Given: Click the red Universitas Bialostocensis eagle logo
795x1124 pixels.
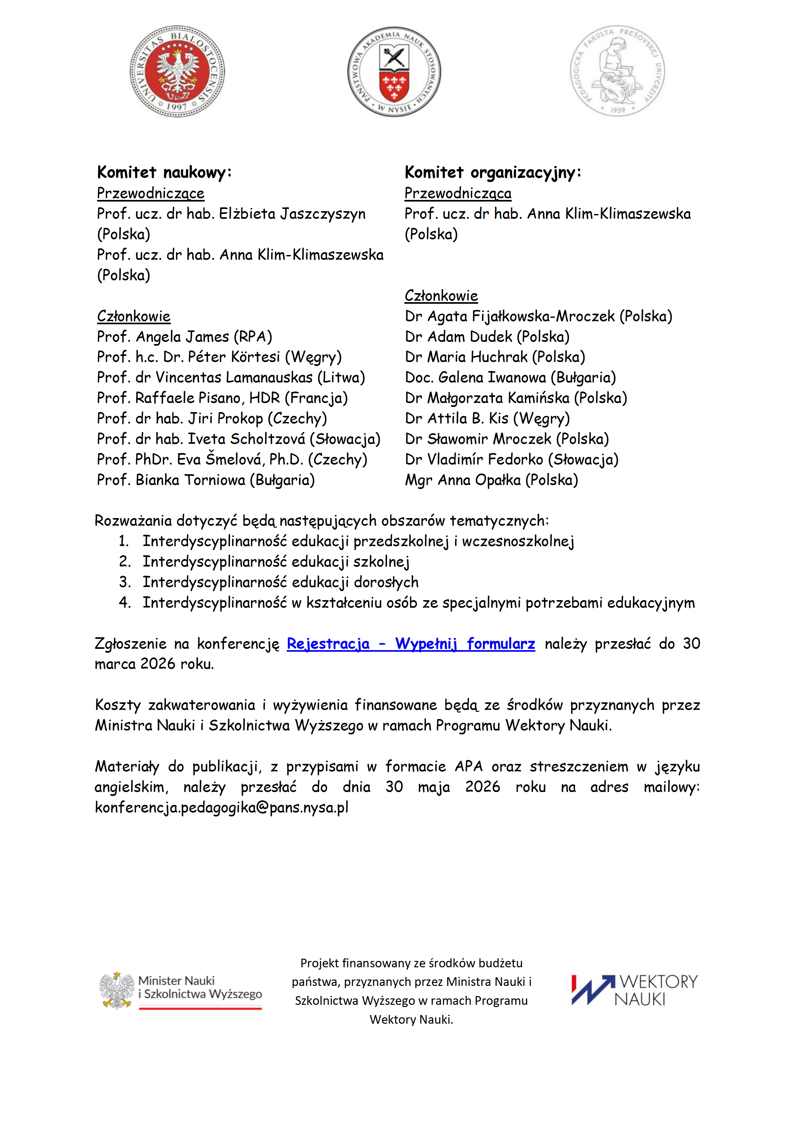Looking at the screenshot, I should (x=177, y=71).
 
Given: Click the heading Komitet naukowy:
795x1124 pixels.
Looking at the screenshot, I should (x=164, y=172).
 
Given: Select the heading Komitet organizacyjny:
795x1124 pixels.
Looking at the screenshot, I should (x=493, y=172).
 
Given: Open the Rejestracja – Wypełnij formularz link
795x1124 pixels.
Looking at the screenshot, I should (x=411, y=643).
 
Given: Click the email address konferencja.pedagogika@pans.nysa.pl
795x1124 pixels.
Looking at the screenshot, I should (x=222, y=807).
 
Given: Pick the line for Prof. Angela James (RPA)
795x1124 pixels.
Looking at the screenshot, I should (x=185, y=336).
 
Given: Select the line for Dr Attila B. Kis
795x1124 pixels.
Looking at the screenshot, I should (x=487, y=418).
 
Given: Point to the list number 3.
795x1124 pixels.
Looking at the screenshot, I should (x=124, y=582).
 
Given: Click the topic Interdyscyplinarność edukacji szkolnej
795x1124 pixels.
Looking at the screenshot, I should (x=276, y=561).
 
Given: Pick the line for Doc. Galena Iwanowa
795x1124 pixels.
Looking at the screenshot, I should (x=510, y=377).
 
